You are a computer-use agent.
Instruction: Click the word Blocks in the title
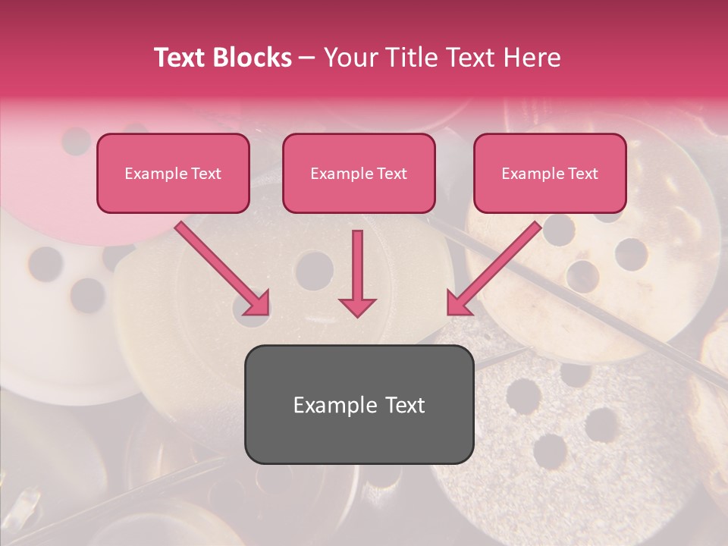tap(252, 58)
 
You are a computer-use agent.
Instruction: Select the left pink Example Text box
tap(173, 173)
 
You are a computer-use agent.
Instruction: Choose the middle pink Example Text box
tap(359, 173)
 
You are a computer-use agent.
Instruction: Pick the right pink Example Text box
tap(550, 173)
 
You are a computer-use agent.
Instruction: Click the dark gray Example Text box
tap(359, 404)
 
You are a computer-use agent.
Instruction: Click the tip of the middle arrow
tap(357, 315)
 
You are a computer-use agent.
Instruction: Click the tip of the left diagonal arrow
tap(266, 312)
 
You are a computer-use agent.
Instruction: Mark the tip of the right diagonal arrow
tap(450, 312)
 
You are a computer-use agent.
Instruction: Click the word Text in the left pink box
tap(205, 174)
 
